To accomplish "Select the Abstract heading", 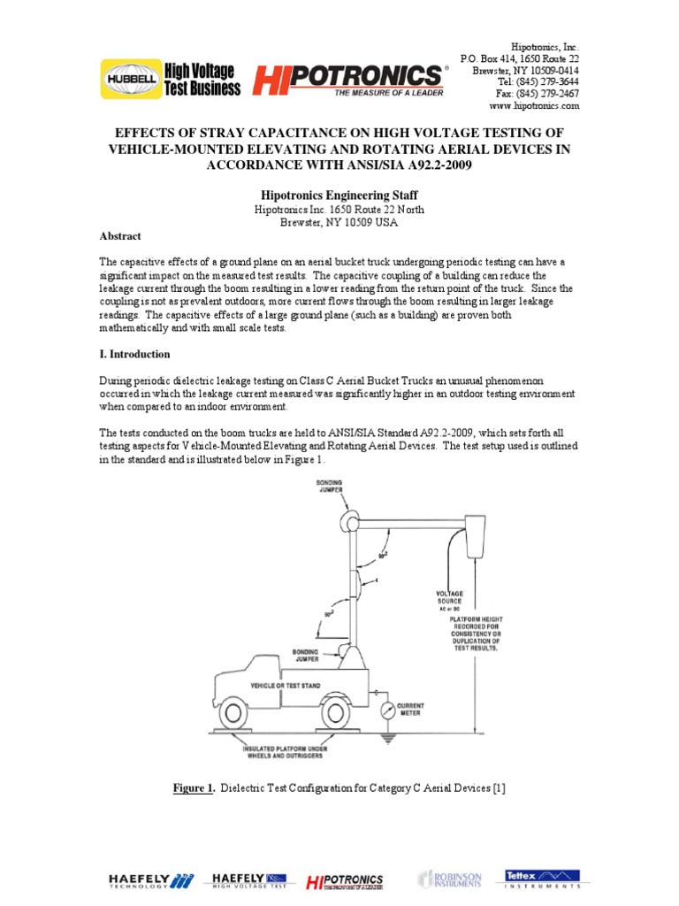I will (x=119, y=237).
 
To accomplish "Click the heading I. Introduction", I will (x=134, y=354).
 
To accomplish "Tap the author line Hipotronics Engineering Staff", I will (x=339, y=194).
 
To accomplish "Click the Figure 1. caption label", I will (x=193, y=788).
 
